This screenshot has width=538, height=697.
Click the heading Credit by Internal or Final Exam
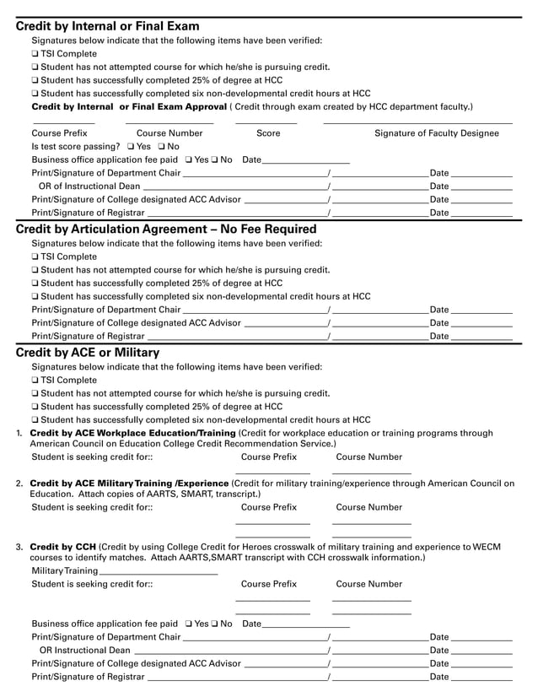(x=108, y=26)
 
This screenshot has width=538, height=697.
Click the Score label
(x=268, y=133)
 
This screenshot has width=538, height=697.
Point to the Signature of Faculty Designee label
(x=442, y=133)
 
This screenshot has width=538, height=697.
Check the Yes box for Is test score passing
(x=131, y=147)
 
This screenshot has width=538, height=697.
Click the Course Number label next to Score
(x=169, y=133)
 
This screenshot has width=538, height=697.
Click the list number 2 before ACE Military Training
(x=19, y=484)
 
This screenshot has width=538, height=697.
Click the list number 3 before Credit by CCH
(x=19, y=547)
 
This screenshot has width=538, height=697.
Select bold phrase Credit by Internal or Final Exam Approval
(x=128, y=107)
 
